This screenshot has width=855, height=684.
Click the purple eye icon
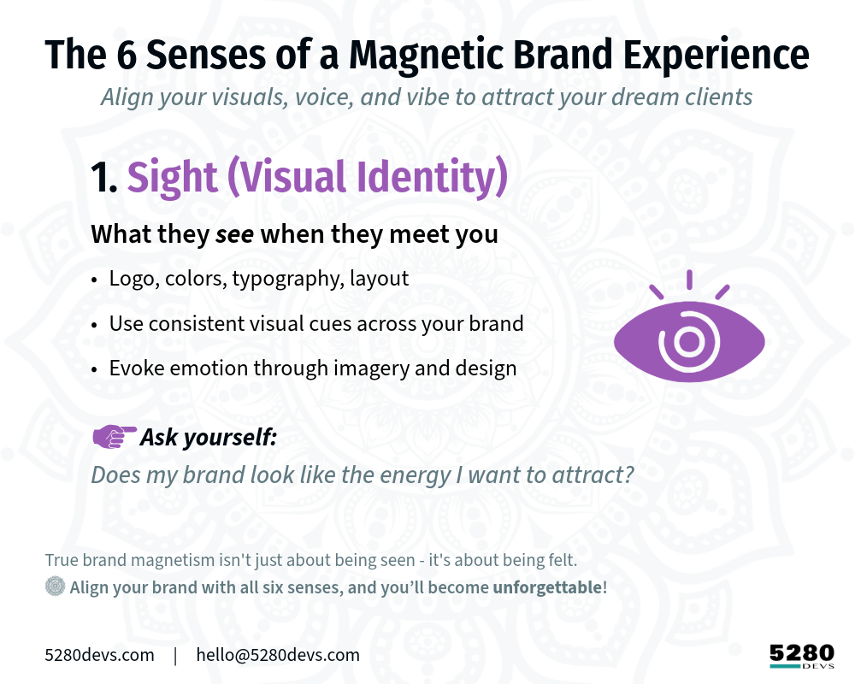tap(689, 327)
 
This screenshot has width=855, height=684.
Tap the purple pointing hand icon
tap(115, 436)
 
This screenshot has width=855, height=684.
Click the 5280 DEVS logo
tap(802, 656)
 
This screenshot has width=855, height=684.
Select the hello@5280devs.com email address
tap(278, 655)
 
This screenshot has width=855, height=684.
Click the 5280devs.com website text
tap(99, 655)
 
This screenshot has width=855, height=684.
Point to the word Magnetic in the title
tap(427, 55)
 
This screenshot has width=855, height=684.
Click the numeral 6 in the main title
tap(127, 55)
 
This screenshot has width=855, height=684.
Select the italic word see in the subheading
tap(234, 234)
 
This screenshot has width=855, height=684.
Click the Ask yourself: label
tap(209, 437)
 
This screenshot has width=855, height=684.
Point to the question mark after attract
tap(628, 475)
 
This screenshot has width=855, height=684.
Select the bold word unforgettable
tap(547, 587)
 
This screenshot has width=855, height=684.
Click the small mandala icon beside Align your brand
tap(55, 587)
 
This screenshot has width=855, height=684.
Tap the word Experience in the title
tap(716, 55)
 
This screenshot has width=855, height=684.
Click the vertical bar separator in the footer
tap(175, 656)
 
